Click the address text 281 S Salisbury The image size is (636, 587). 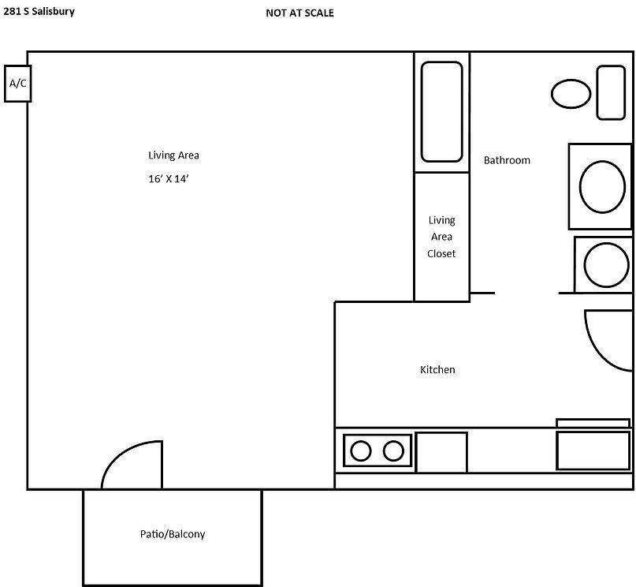click(39, 12)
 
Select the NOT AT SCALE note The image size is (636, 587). click(299, 13)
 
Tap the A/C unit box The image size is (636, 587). click(17, 83)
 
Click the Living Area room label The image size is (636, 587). click(173, 155)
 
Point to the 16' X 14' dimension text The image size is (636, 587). click(169, 179)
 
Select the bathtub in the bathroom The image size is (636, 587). click(441, 111)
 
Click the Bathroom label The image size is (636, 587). click(507, 160)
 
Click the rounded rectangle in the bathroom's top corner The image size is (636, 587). click(611, 92)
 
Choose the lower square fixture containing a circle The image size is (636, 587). click(604, 264)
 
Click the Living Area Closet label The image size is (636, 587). click(441, 237)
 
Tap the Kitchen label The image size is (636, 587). click(437, 369)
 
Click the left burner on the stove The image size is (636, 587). click(361, 451)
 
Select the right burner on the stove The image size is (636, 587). click(392, 451)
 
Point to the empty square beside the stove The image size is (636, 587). click(441, 452)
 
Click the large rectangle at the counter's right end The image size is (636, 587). click(593, 451)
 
